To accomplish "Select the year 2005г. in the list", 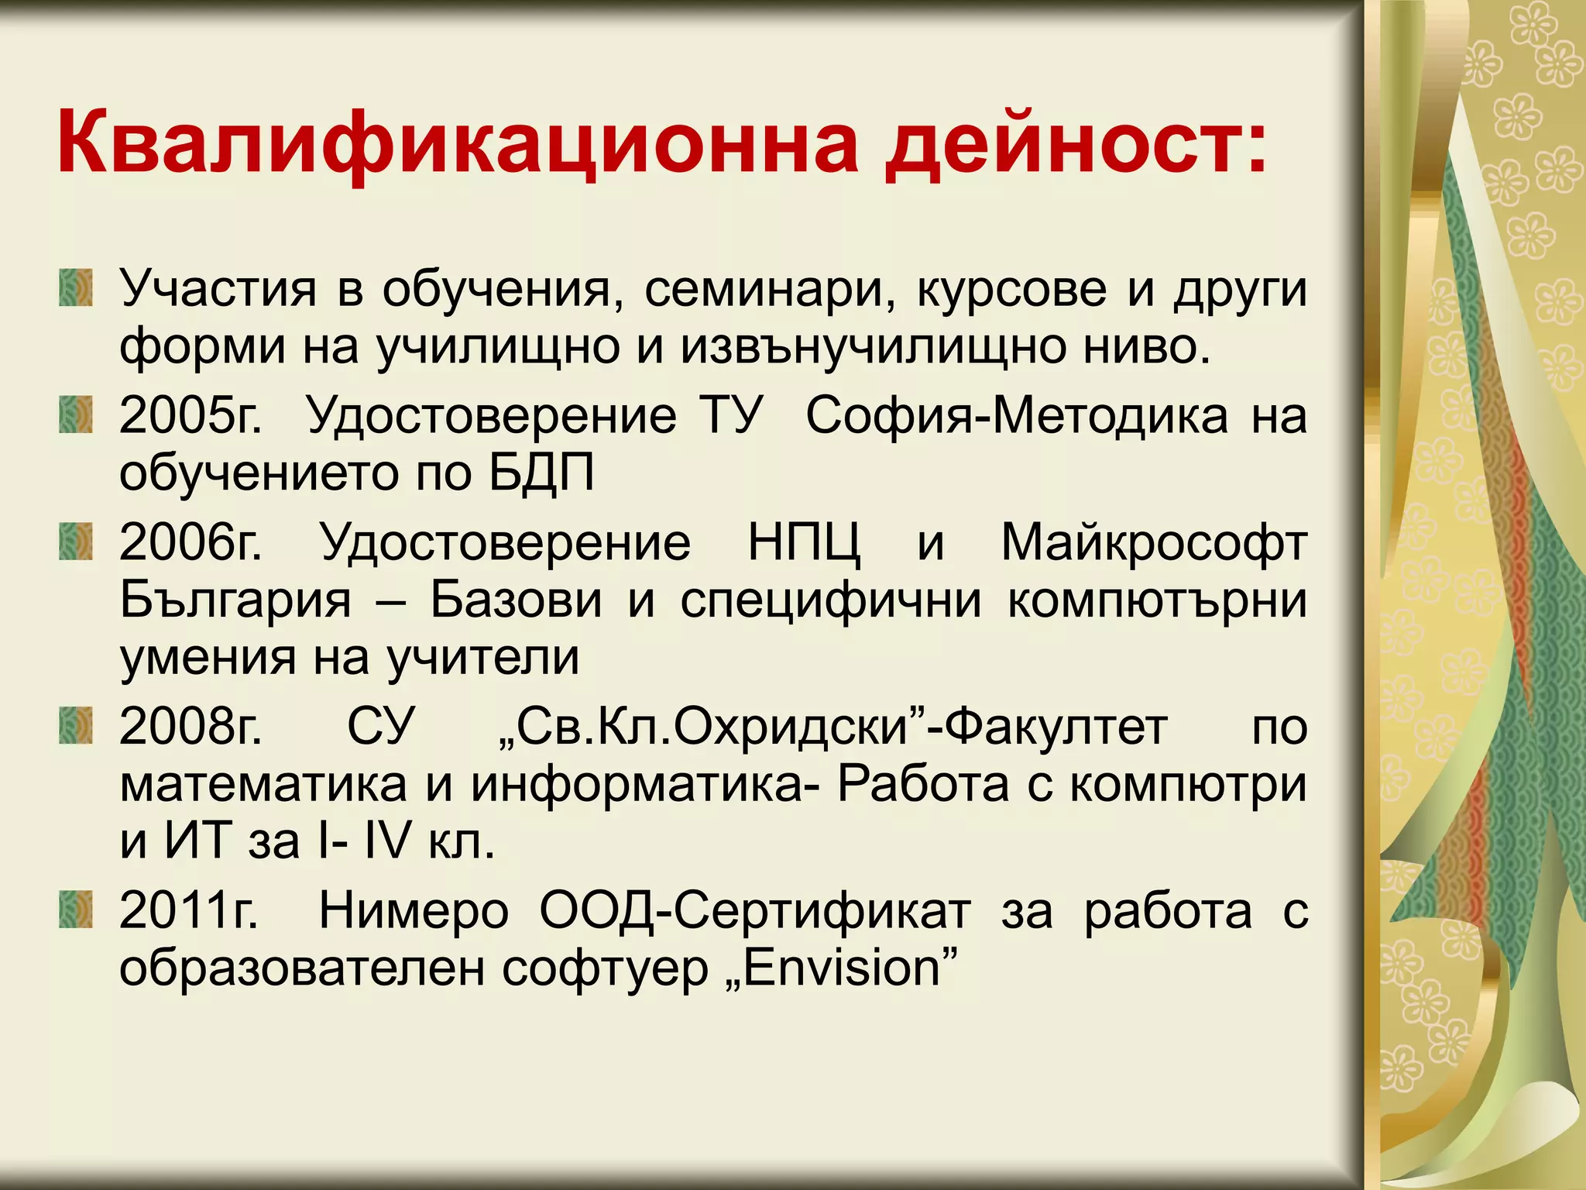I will (x=191, y=416).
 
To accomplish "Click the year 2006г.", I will (x=191, y=542).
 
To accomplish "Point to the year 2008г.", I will (x=191, y=727).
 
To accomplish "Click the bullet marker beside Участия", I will (x=76, y=287).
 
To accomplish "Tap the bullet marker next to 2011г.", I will (x=76, y=910).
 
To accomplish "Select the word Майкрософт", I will (x=1154, y=542).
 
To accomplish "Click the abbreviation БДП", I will (x=541, y=473).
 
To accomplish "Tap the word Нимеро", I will (x=414, y=911).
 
